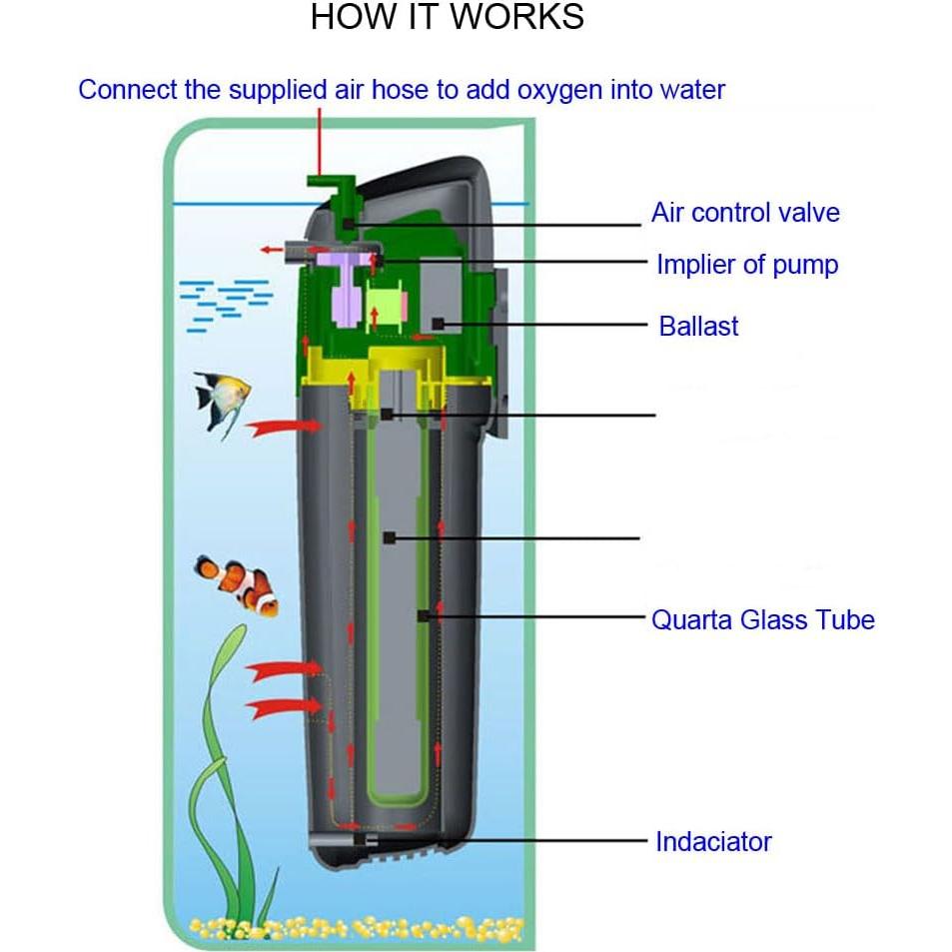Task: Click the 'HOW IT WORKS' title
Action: (447, 18)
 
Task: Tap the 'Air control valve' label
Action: (745, 213)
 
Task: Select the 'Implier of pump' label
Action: (746, 265)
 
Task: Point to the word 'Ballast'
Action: (698, 327)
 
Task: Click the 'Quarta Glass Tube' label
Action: (762, 620)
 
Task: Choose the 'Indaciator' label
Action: (713, 842)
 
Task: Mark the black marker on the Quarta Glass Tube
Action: (424, 617)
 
